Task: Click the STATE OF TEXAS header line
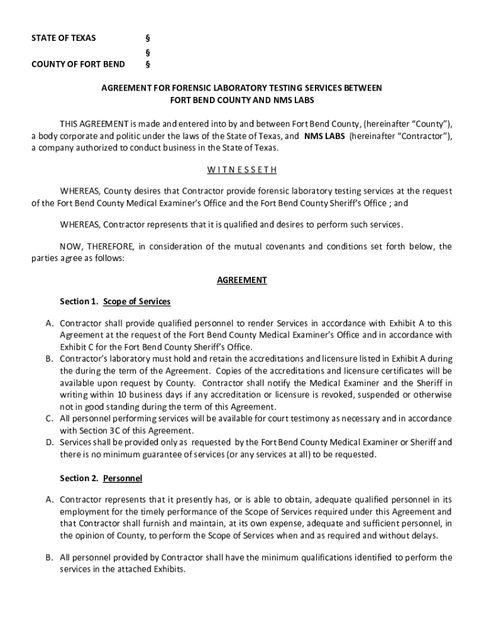click(x=63, y=38)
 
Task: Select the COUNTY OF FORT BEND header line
click(x=78, y=64)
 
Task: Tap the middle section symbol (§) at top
click(x=148, y=52)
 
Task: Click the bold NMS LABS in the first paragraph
click(x=324, y=136)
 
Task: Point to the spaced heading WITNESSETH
click(x=242, y=170)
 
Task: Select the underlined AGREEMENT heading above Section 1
click(x=242, y=280)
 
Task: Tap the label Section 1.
click(x=79, y=302)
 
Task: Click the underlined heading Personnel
click(x=123, y=479)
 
